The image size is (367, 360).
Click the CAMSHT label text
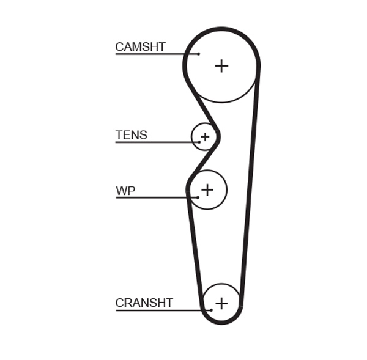point(140,47)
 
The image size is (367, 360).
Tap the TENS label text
point(131,135)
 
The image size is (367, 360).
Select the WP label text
point(125,191)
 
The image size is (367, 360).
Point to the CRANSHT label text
point(144,303)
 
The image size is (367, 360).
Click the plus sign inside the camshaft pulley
point(221,66)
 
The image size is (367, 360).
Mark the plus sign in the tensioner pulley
point(205,136)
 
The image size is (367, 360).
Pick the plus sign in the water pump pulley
point(207,189)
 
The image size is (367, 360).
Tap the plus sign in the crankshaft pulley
point(221,303)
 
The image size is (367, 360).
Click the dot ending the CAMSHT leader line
point(199,54)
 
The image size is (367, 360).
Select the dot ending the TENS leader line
point(199,142)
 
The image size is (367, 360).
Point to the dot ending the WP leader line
point(198,197)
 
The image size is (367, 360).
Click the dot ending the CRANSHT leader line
point(210,310)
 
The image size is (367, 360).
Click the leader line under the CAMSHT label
point(156,54)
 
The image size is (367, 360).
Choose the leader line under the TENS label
point(156,142)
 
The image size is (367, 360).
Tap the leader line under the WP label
point(156,197)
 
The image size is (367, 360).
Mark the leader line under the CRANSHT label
point(162,310)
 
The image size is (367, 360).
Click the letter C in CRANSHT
point(120,303)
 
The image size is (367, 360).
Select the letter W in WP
point(121,191)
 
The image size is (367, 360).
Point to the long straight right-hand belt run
point(249,183)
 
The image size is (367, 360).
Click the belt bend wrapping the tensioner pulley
point(217,136)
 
